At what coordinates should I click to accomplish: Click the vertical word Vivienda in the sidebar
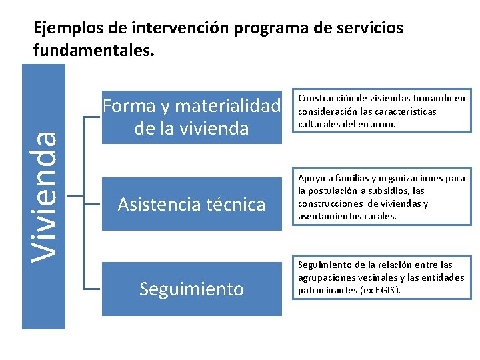pos(45,196)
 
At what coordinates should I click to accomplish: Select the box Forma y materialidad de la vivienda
pos(192,117)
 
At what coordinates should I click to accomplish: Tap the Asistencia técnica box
pos(192,204)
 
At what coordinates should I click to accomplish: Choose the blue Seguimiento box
pos(192,289)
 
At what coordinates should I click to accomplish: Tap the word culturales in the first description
pos(319,124)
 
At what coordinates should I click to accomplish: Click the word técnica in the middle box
pos(236,204)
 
